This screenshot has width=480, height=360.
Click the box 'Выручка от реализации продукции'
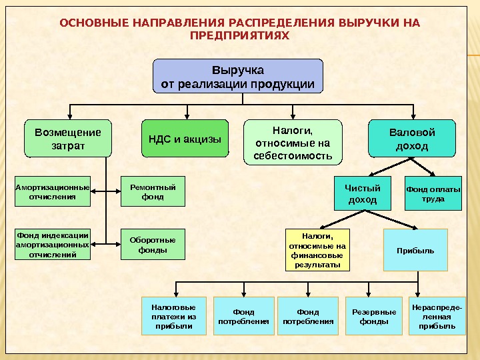tap(238, 77)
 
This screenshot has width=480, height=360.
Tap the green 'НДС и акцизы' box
tap(185, 139)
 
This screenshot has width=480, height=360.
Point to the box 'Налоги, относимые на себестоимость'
tap(293, 141)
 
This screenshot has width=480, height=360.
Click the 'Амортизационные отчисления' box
tap(52, 192)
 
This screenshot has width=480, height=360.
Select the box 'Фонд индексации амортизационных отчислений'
tap(52, 244)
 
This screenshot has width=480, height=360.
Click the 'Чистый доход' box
tap(363, 194)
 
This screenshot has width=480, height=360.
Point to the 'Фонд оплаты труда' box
tap(433, 193)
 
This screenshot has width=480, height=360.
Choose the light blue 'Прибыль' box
tap(415, 250)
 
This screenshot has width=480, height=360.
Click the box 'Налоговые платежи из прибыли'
tap(173, 315)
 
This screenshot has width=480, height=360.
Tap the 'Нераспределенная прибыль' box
tap(437, 315)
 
